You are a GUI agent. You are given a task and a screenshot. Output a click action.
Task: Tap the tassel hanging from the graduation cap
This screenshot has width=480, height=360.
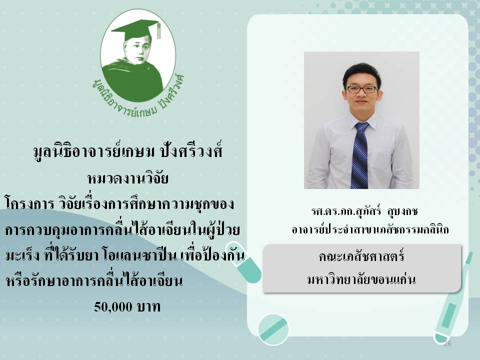click(158, 30)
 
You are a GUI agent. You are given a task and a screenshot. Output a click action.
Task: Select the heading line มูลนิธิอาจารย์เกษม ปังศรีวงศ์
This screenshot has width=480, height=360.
click(128, 151)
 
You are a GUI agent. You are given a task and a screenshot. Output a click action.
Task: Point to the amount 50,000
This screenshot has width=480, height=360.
click(113, 306)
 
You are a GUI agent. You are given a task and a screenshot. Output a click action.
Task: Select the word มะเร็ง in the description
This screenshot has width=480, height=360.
click(22, 255)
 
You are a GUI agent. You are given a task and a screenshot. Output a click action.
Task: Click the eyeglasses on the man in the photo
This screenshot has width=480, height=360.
click(361, 89)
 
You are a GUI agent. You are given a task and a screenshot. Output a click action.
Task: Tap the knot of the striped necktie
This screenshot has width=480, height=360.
click(362, 127)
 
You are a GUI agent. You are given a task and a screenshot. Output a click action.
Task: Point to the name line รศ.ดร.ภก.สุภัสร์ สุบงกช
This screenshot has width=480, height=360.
click(364, 211)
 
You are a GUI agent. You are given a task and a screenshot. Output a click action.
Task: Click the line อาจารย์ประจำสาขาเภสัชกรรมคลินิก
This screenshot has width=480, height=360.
click(370, 229)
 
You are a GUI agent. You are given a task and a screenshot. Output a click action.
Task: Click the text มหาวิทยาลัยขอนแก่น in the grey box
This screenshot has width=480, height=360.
click(361, 279)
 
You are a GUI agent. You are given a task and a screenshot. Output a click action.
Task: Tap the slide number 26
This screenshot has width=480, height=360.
click(447, 343)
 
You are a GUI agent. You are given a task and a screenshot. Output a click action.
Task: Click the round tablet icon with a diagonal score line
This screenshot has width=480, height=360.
click(273, 329)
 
